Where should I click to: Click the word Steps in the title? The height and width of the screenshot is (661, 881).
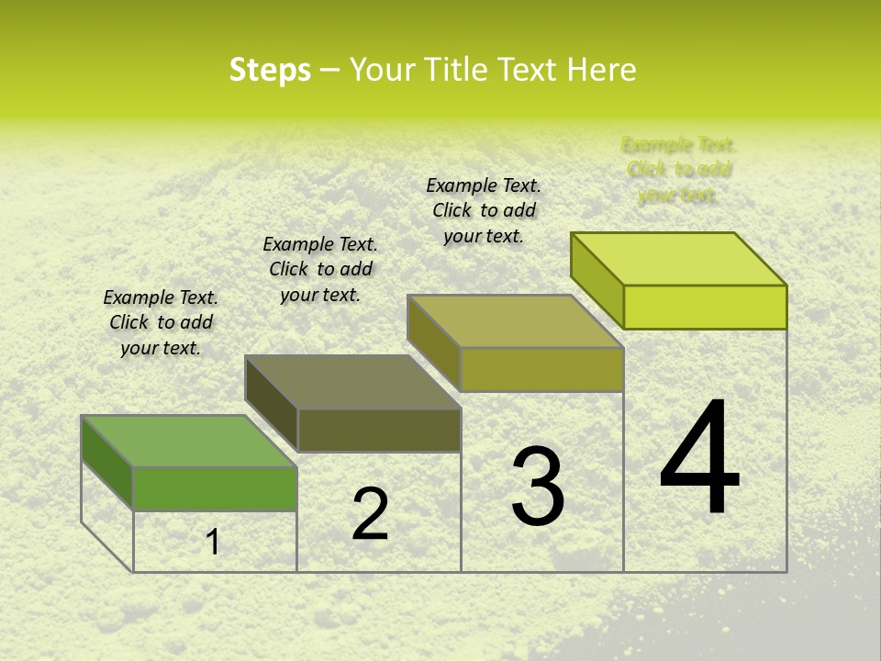click(x=270, y=70)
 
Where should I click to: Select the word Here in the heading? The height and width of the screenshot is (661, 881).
click(x=601, y=70)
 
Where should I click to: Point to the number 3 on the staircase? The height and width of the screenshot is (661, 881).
click(x=538, y=487)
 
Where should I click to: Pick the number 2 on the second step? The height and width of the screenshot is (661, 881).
click(x=370, y=514)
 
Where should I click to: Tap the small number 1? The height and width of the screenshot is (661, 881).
click(x=213, y=543)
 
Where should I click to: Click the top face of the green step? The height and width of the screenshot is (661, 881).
click(x=189, y=441)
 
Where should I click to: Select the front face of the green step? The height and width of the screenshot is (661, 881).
click(x=215, y=488)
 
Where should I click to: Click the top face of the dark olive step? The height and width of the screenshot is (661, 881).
click(x=352, y=381)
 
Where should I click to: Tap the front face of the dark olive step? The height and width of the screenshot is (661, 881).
click(x=379, y=430)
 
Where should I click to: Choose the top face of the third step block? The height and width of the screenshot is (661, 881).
click(x=516, y=321)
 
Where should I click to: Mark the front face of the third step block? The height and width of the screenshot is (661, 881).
click(x=541, y=369)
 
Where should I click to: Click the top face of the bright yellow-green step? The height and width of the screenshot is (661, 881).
click(x=679, y=258)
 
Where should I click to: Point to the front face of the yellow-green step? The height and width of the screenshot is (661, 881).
click(x=705, y=307)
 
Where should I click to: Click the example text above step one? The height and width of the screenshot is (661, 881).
click(x=161, y=322)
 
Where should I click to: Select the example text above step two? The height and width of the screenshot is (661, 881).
click(x=320, y=269)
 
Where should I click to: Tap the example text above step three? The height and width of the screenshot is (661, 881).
click(x=484, y=210)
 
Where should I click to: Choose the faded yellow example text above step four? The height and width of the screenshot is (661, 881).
click(x=678, y=169)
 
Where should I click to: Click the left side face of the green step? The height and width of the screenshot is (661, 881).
click(x=107, y=462)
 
